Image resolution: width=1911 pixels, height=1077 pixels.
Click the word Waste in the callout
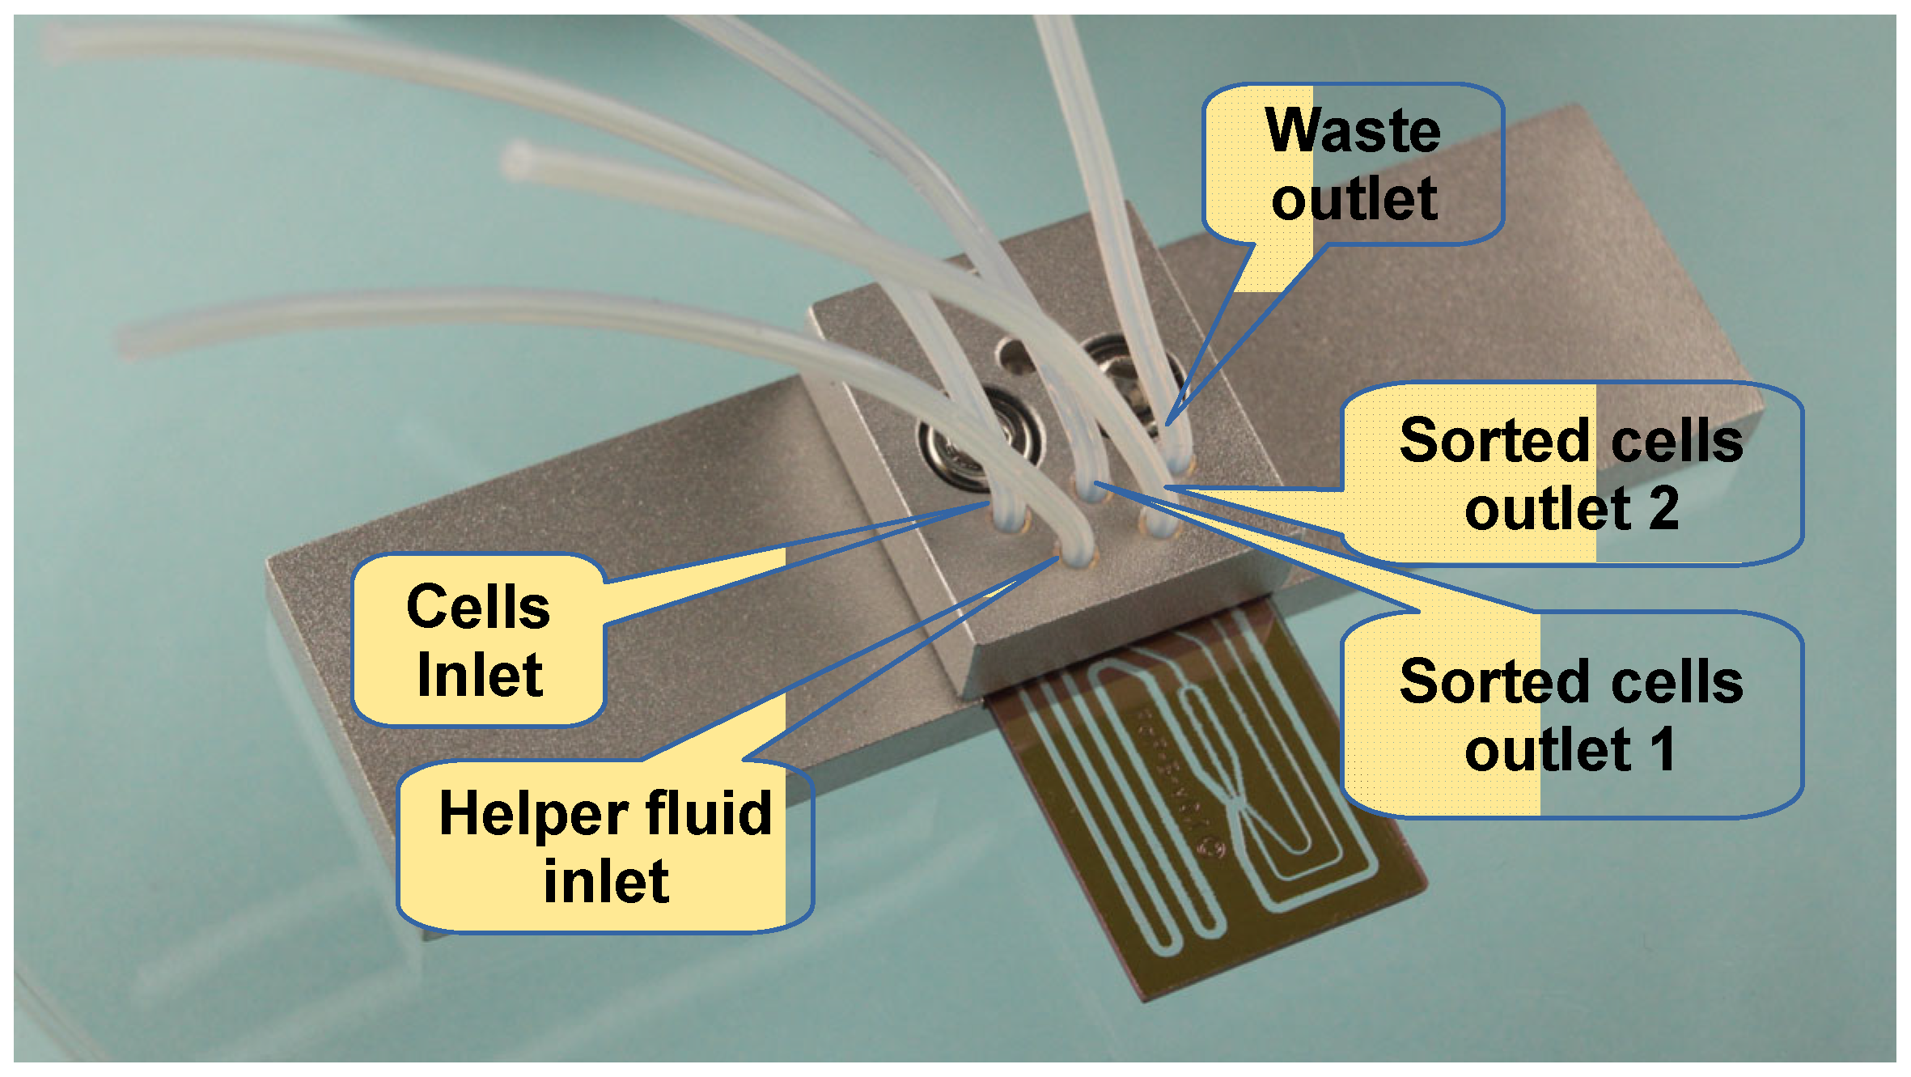click(x=1353, y=130)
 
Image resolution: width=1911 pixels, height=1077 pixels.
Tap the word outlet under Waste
click(x=1354, y=200)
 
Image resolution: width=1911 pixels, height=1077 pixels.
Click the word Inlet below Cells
click(x=480, y=676)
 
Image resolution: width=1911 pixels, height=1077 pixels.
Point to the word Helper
click(x=533, y=814)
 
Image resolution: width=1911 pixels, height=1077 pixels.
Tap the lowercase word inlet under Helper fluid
click(x=606, y=882)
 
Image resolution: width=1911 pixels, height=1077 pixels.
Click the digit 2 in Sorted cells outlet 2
click(x=1663, y=509)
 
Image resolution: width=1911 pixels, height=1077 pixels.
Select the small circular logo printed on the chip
click(x=1211, y=847)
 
